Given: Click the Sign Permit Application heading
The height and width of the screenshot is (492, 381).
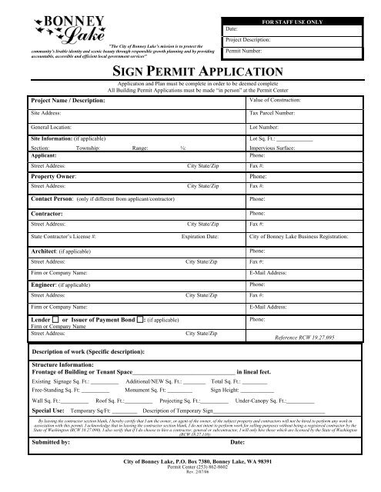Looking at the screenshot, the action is point(189,73).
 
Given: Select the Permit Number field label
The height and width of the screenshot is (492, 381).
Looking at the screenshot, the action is point(245,50).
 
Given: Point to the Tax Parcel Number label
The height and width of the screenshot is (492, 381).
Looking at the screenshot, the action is point(276,112).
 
